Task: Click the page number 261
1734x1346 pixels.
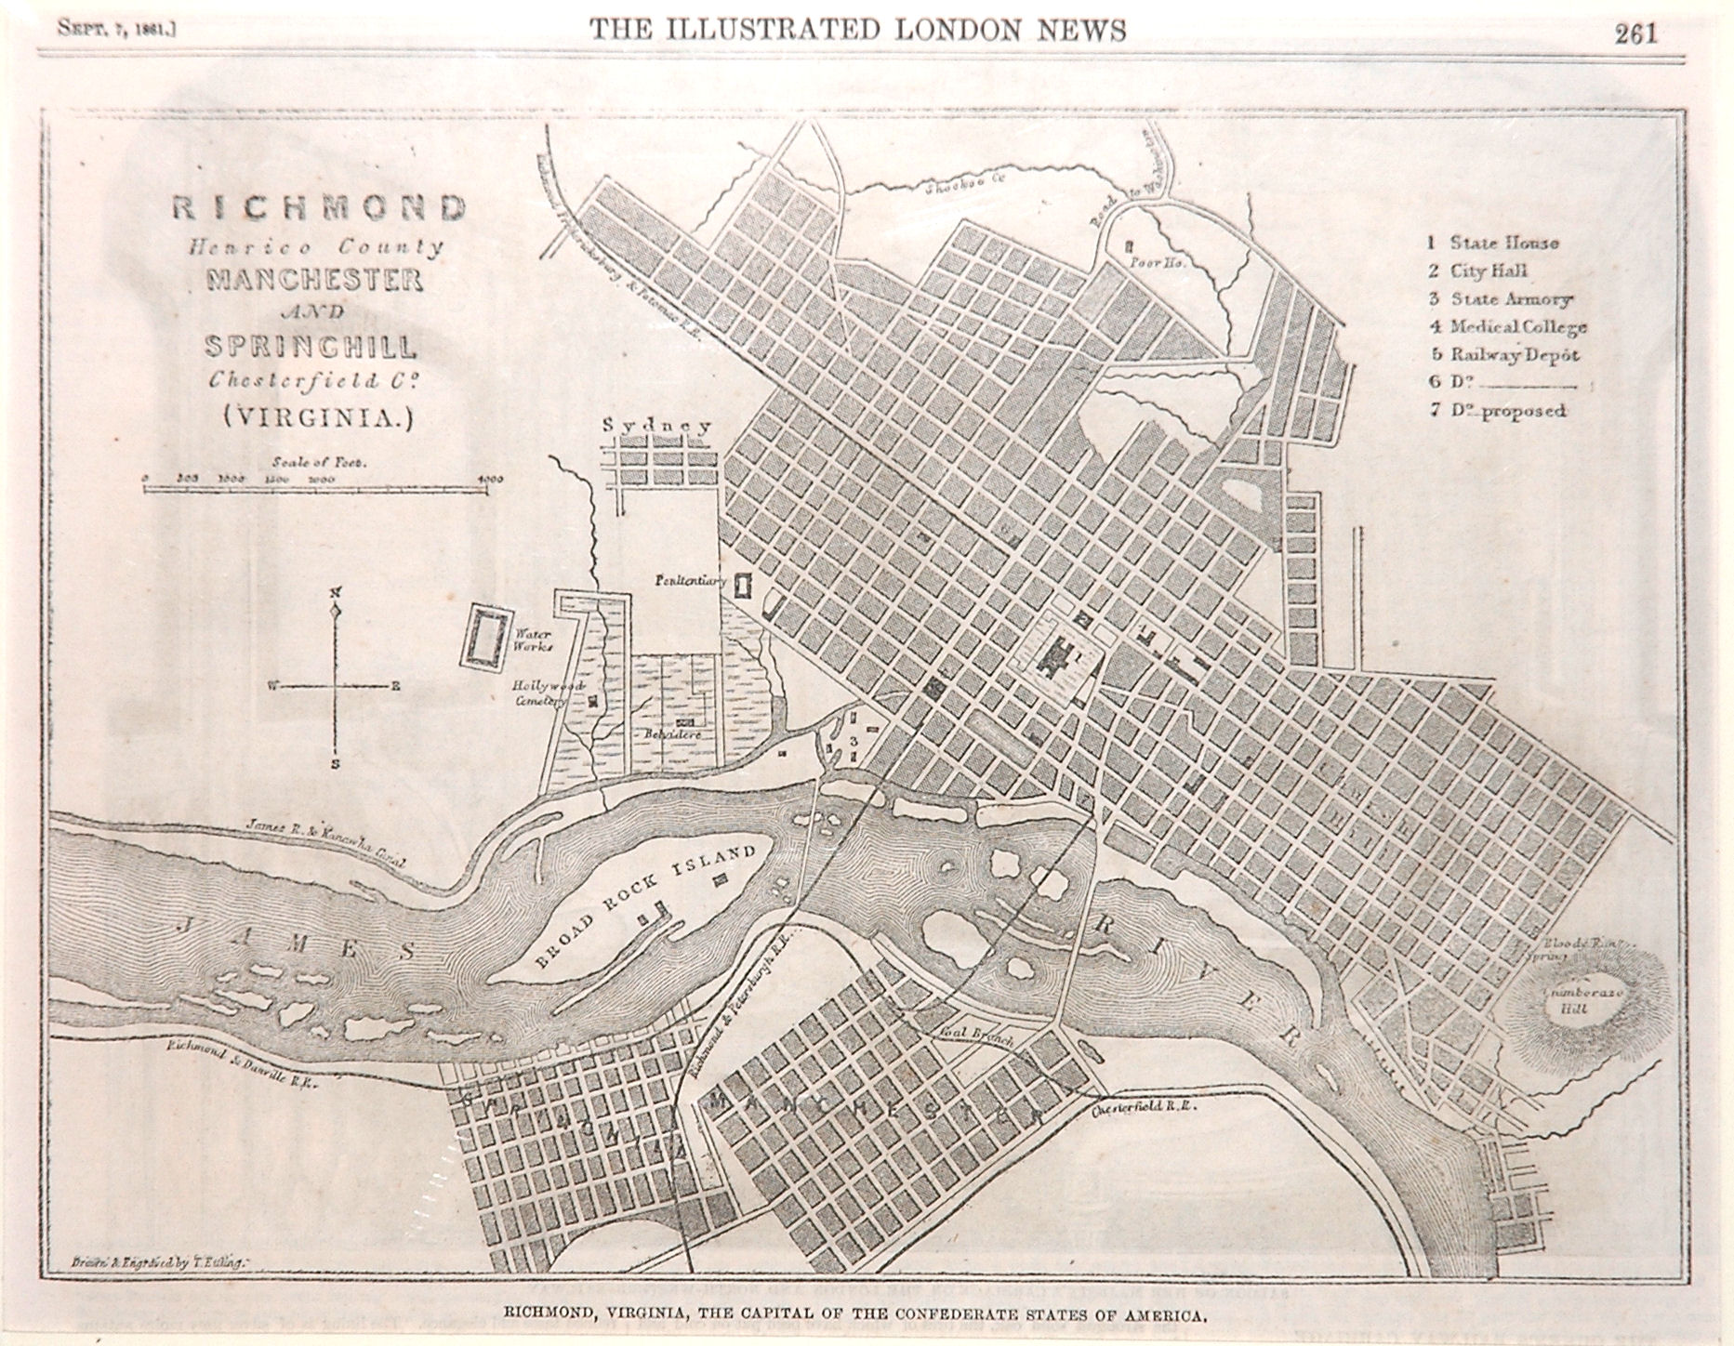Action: (1636, 33)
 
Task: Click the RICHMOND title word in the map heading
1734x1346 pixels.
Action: (318, 208)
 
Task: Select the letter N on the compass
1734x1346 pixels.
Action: (336, 593)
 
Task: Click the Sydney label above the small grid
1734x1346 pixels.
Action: (657, 427)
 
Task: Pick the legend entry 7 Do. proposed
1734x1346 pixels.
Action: (1498, 411)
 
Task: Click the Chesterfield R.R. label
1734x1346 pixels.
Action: (1143, 1110)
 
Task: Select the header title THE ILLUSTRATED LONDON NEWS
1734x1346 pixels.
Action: (858, 32)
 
